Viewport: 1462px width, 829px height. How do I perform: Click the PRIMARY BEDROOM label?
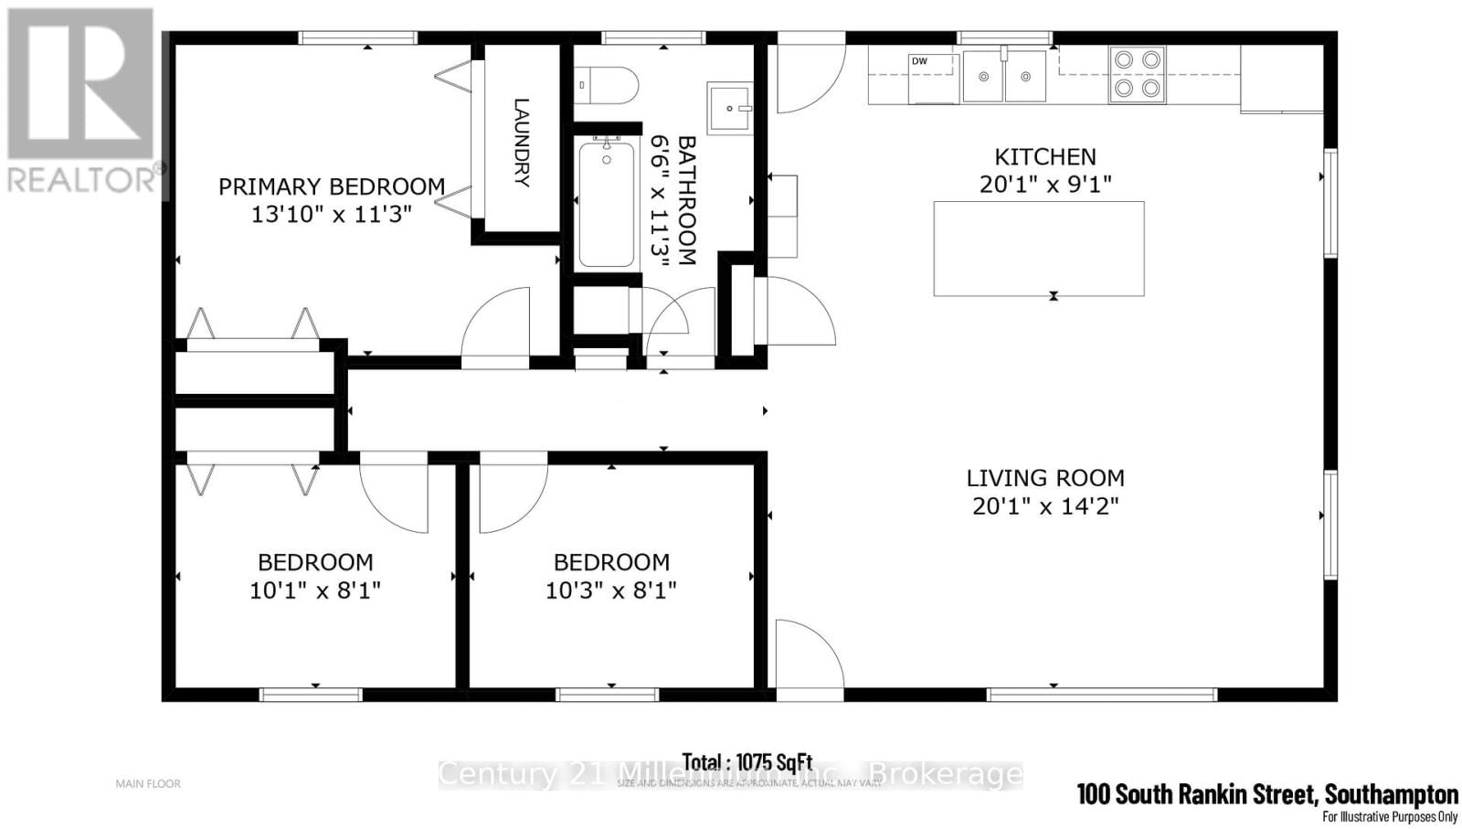pos(331,186)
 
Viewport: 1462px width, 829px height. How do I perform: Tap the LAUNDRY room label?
pos(521,142)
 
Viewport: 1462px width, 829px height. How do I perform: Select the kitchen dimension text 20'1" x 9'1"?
pos(1045,185)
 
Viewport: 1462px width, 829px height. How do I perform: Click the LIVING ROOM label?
pos(1045,478)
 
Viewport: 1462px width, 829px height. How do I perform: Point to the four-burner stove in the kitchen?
pos(1138,74)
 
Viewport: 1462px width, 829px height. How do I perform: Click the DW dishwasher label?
pos(919,61)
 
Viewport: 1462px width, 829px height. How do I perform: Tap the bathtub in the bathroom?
pos(607,203)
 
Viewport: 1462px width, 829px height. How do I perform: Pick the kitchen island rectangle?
pos(1038,249)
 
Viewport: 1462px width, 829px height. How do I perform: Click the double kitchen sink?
pos(1004,76)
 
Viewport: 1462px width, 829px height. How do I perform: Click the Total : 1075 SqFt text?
pos(747,761)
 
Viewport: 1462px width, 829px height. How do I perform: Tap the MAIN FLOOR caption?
pos(148,783)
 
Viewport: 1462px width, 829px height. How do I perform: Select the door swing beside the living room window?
pos(810,658)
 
